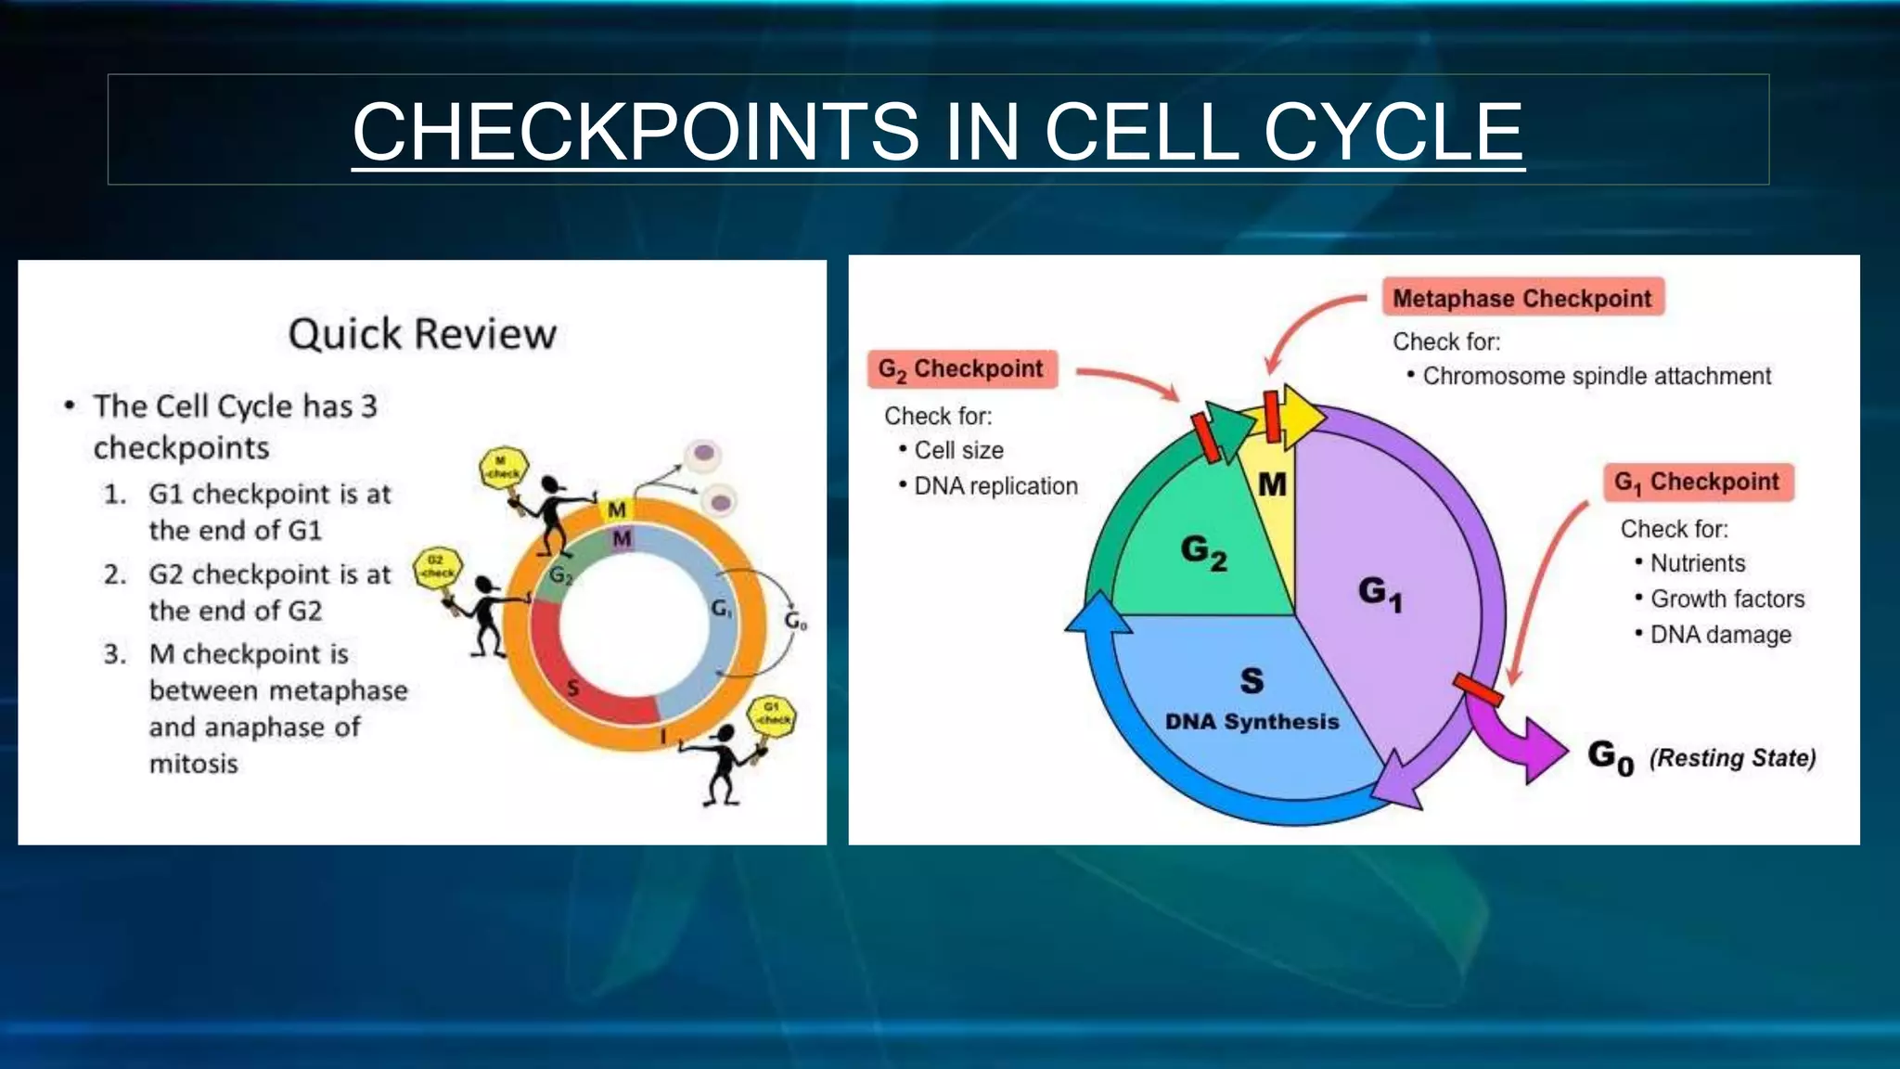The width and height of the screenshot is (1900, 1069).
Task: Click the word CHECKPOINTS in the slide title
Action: coord(635,132)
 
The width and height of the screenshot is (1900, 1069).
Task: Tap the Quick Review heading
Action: coord(422,334)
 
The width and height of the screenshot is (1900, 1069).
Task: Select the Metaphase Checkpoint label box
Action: coord(1522,298)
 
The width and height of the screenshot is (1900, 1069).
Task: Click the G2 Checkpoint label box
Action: coord(961,369)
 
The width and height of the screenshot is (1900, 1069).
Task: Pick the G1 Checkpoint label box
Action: coord(1697,483)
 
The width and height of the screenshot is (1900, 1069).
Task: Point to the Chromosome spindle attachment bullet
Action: coord(1596,376)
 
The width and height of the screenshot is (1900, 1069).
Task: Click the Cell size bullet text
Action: coord(958,450)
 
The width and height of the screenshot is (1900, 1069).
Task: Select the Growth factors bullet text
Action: coord(1727,599)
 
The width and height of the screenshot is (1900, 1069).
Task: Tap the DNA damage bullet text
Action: coord(1720,635)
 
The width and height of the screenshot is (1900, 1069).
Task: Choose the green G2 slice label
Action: coord(1203,550)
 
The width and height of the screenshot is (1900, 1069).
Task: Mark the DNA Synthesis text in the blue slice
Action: coord(1252,722)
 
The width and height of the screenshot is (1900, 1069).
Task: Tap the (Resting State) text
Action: coord(1732,758)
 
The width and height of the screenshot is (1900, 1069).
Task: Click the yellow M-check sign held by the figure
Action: coord(504,467)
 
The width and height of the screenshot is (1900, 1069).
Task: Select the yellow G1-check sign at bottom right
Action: coord(772,715)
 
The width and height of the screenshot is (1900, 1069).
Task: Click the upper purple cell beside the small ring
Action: coord(704,454)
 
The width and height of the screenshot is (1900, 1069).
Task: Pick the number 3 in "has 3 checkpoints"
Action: coord(368,406)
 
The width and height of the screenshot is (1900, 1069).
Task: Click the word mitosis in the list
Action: coord(194,764)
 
